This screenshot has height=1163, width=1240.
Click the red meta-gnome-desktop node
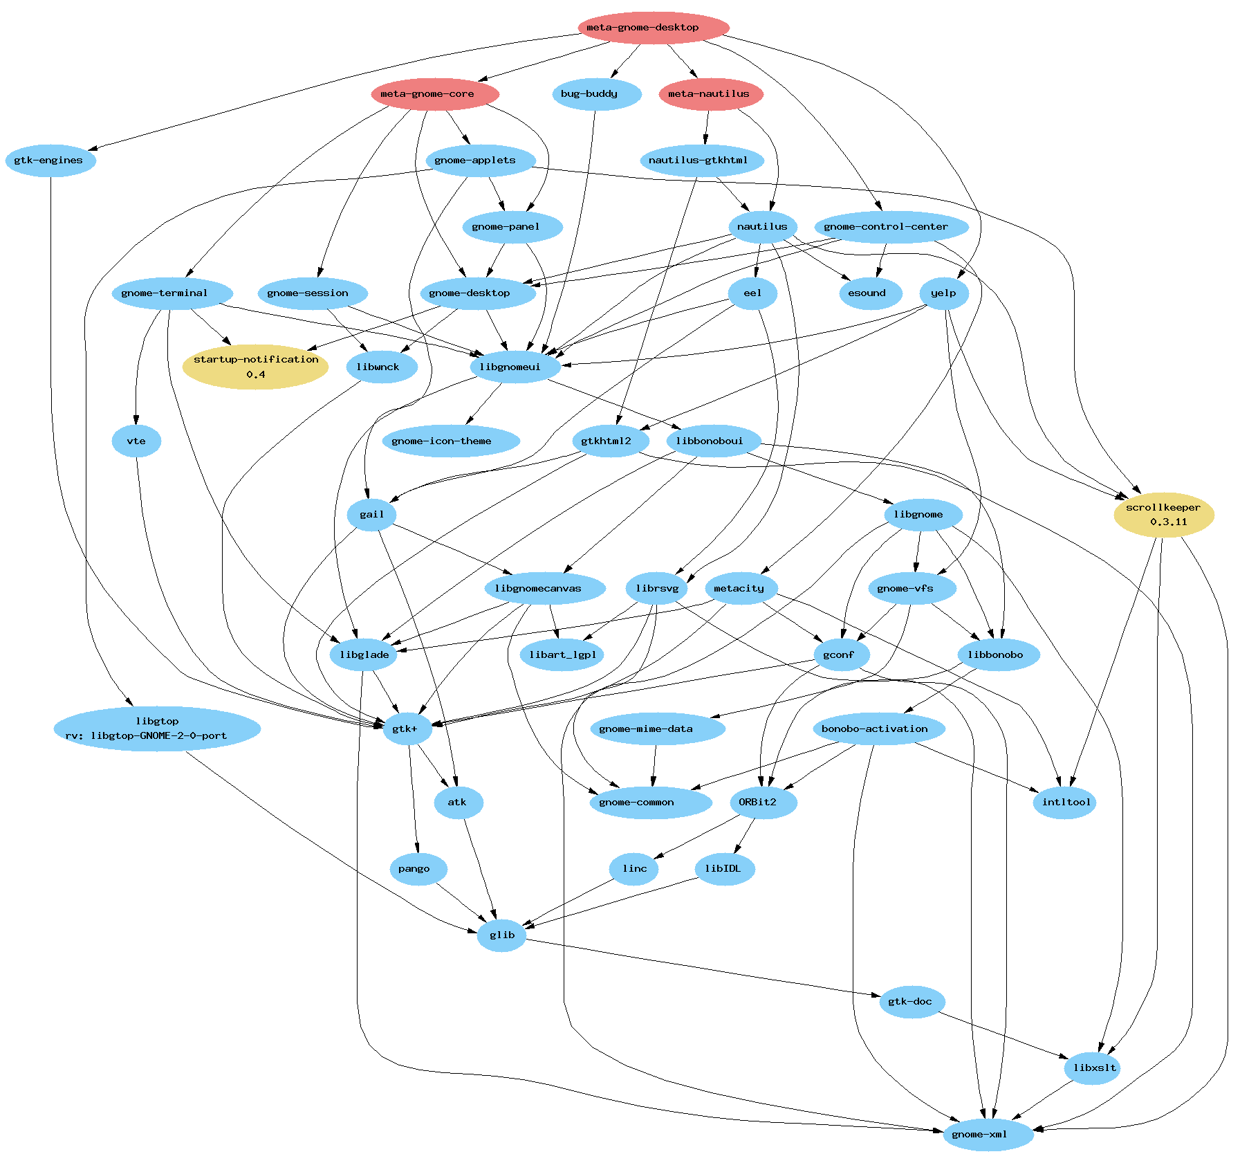pos(654,28)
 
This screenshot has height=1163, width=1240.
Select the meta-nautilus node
pos(711,94)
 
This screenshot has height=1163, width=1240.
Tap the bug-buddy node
pos(596,94)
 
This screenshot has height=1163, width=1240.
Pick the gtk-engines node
pos(50,161)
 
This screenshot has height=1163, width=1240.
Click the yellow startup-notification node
pos(255,367)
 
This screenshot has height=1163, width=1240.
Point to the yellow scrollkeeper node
pos(1164,515)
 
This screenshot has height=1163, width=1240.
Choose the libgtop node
pos(157,729)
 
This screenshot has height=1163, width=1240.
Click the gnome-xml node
pos(988,1135)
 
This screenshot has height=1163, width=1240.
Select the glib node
pos(502,935)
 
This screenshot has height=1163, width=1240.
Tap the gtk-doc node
pos(912,1002)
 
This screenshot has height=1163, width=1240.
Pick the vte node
pos(136,441)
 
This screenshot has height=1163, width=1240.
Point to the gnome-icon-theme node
pos(450,441)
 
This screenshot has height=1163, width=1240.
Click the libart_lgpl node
pos(562,655)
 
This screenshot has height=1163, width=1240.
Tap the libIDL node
pos(724,869)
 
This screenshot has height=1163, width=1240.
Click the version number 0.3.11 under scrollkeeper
pos(1169,522)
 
